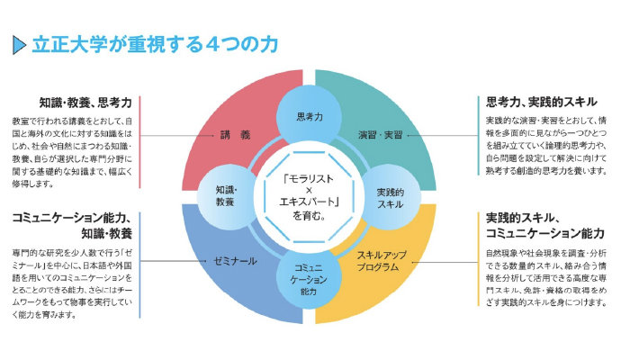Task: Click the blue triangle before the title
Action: pos(19,44)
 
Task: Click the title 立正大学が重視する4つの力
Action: pos(154,44)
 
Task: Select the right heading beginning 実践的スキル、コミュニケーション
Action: pos(544,225)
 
